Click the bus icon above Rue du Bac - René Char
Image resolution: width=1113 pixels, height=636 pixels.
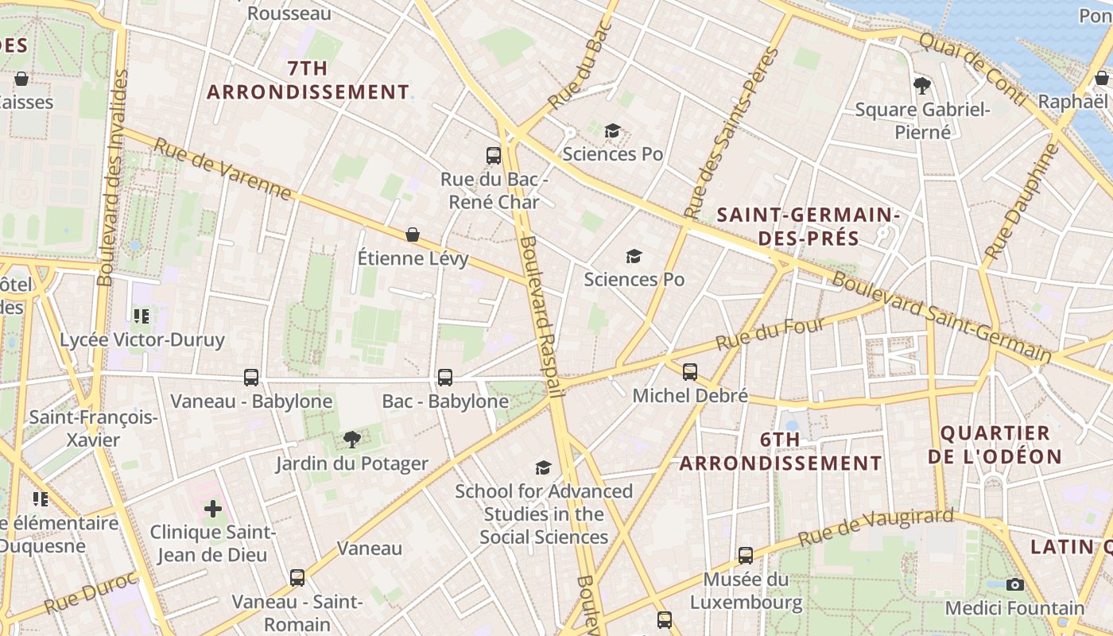tap(494, 156)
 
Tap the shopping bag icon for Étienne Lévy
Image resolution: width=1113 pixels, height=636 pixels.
tap(413, 235)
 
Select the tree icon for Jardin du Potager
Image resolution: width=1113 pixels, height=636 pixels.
tap(351, 439)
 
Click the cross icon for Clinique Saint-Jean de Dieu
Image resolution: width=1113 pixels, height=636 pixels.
tap(213, 508)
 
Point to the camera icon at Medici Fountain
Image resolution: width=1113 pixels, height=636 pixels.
tap(1014, 584)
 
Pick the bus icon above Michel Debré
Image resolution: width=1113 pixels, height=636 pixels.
tap(690, 371)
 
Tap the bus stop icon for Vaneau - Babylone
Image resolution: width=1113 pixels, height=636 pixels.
tap(251, 378)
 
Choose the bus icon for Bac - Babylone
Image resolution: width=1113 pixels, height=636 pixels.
tap(445, 378)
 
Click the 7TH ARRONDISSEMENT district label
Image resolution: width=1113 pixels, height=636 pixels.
tap(308, 80)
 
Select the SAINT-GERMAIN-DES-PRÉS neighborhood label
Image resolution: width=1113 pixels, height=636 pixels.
tap(808, 227)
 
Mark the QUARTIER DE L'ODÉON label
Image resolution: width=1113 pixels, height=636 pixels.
tap(995, 445)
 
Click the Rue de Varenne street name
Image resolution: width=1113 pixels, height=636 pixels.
tap(222, 169)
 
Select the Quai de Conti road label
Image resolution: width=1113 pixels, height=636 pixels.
tap(971, 69)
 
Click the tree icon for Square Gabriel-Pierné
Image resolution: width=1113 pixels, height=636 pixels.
tap(922, 85)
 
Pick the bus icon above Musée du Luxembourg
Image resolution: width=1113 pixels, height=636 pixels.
tap(745, 556)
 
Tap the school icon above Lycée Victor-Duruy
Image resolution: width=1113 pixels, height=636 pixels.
tap(142, 316)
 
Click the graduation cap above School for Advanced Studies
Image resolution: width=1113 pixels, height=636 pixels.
tap(544, 467)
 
